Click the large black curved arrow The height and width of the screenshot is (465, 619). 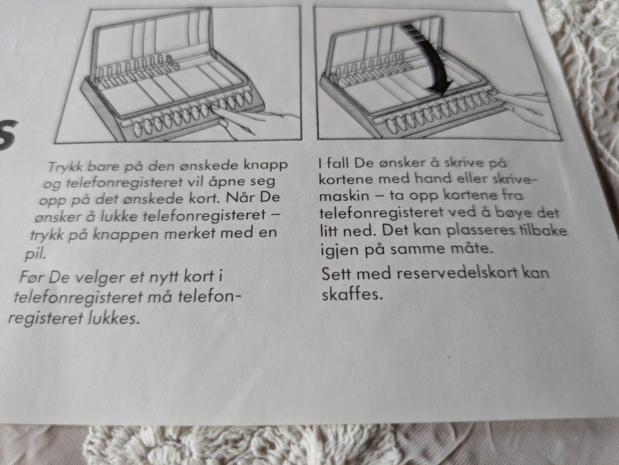[427, 55]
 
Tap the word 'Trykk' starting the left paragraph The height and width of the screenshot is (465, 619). [66, 166]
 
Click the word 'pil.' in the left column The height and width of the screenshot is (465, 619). [35, 254]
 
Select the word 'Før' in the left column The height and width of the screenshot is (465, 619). [31, 277]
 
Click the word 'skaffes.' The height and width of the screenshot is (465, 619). [352, 295]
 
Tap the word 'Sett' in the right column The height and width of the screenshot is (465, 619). [337, 273]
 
